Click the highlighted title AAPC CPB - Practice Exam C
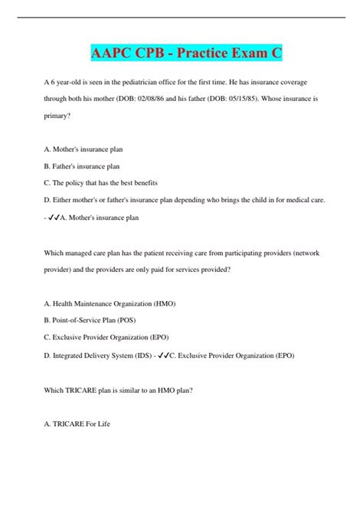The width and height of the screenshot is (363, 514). pyautogui.click(x=181, y=53)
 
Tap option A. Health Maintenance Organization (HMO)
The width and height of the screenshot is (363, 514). pyautogui.click(x=110, y=303)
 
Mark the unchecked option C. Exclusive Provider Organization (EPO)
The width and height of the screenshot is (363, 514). pyautogui.click(x=106, y=337)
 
